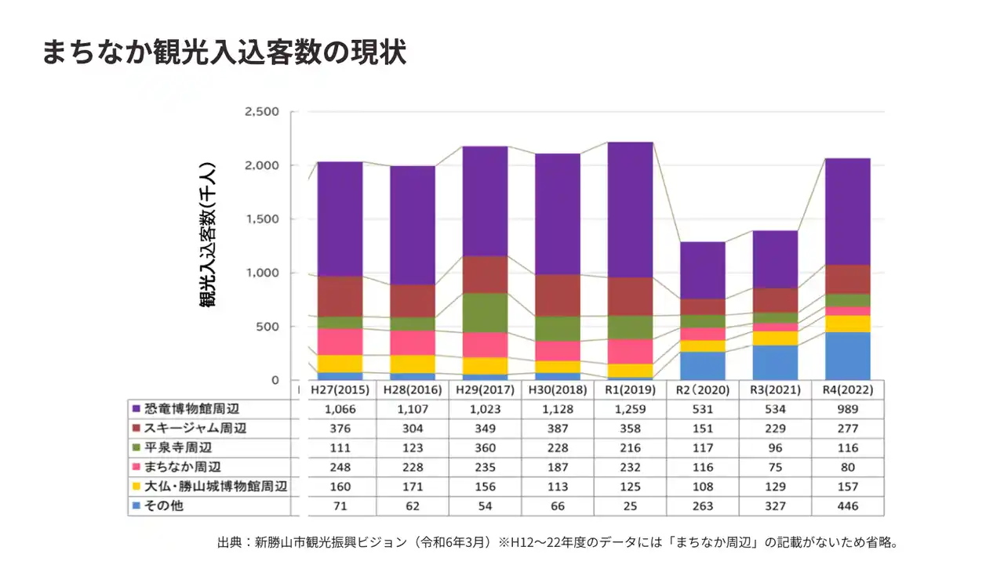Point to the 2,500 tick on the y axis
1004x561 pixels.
[262, 112]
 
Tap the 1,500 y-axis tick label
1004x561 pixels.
[262, 219]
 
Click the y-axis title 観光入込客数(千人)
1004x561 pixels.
[208, 234]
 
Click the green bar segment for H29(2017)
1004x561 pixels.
[485, 313]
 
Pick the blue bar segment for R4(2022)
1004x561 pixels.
[847, 356]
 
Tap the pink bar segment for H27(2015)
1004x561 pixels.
[340, 342]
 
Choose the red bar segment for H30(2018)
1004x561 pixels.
[558, 295]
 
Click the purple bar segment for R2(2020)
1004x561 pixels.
[703, 270]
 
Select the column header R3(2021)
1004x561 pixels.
[775, 389]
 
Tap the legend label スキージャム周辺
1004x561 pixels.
[195, 428]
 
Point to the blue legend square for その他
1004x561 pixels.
[136, 506]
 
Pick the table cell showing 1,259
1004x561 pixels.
[630, 409]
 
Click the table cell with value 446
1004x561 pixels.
[847, 506]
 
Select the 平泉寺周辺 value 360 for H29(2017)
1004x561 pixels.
[485, 447]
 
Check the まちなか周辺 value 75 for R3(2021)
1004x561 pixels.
[775, 467]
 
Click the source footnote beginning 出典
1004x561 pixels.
[557, 542]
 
